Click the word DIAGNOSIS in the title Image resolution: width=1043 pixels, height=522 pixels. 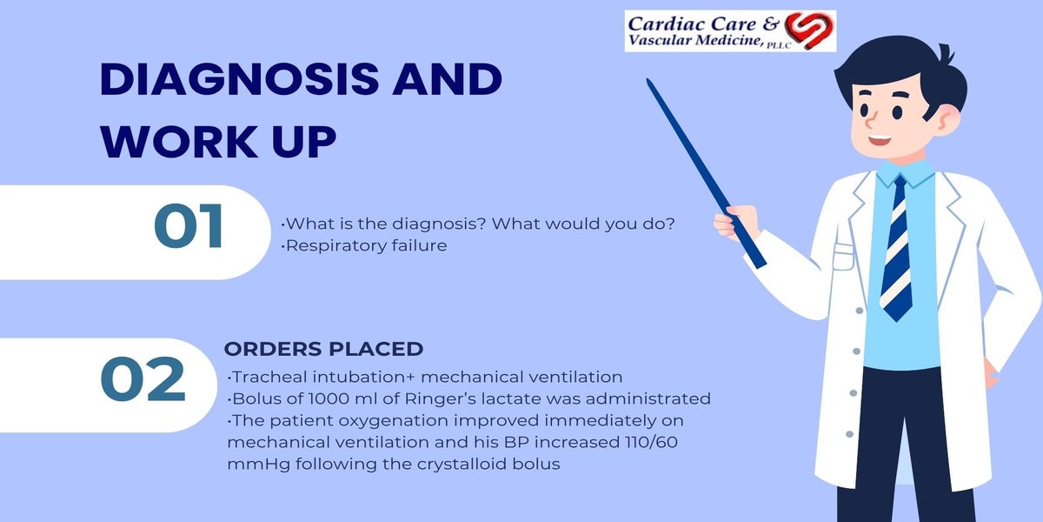tap(239, 79)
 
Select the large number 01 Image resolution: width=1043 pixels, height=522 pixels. tap(189, 226)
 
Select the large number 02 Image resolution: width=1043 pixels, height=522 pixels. tap(143, 379)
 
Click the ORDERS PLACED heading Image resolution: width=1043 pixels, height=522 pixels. tap(323, 349)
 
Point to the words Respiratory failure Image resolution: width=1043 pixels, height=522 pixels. tap(366, 245)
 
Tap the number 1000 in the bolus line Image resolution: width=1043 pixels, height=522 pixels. tap(329, 399)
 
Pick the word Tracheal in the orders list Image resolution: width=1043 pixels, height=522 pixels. tap(263, 377)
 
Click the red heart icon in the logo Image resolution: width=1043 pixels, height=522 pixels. tap(809, 30)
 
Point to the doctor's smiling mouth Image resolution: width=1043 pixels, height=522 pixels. tap(880, 140)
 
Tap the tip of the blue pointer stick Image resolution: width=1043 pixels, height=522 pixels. tap(648, 80)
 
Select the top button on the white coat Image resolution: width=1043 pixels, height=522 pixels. tap(860, 311)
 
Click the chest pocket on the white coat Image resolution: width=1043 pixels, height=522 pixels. tap(843, 257)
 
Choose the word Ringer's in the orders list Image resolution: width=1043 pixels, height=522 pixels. tap(440, 399)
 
